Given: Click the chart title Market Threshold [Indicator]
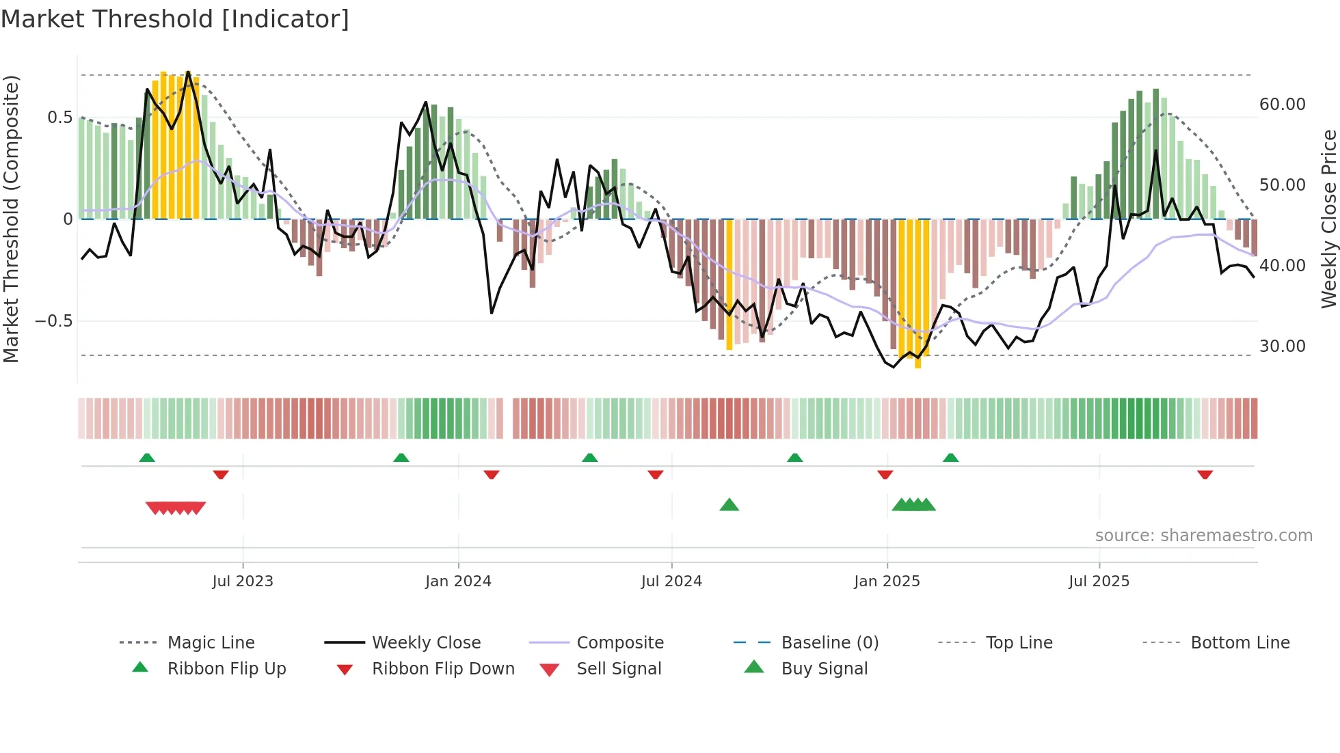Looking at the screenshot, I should (x=175, y=19).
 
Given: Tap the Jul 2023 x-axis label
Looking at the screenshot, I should (x=242, y=581).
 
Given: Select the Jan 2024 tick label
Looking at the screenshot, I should (x=458, y=581).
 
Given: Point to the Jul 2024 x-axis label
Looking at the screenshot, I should (x=671, y=581).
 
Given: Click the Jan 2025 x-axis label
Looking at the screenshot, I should (x=887, y=581).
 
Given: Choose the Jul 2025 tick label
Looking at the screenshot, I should (x=1099, y=581).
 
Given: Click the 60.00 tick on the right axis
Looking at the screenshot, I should (x=1282, y=105).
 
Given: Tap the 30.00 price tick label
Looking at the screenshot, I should (x=1282, y=346).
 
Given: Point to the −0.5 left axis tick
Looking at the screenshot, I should (x=53, y=321).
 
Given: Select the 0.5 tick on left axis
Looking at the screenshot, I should (x=59, y=118).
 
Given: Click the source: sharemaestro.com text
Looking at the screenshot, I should (x=1203, y=536).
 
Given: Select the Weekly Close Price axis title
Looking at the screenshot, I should (x=1328, y=219).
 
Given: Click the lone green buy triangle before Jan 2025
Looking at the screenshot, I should (x=729, y=505).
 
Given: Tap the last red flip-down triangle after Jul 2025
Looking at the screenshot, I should (x=1205, y=474).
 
